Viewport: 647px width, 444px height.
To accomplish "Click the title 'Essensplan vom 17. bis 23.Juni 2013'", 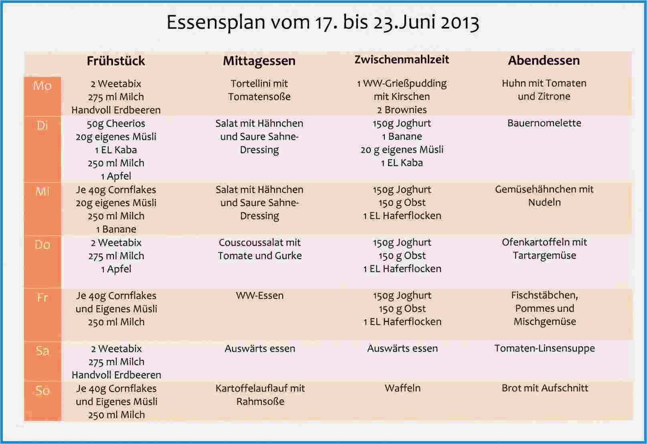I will pyautogui.click(x=323, y=22).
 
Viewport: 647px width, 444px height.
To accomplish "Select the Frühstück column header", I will pyautogui.click(x=116, y=61).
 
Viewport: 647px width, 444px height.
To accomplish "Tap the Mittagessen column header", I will pyautogui.click(x=259, y=61).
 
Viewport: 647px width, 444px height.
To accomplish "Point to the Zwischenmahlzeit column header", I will pyautogui.click(x=402, y=60).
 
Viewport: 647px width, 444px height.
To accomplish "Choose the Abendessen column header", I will pyautogui.click(x=544, y=61).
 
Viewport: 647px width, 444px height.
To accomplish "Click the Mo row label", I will pyautogui.click(x=42, y=85).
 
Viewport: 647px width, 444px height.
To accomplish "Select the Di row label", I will pyautogui.click(x=42, y=125).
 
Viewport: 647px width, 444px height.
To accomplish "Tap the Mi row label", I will pyautogui.click(x=42, y=191).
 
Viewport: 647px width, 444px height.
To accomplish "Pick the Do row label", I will pyautogui.click(x=42, y=244).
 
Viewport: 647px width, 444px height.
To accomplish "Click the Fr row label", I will pyautogui.click(x=42, y=297).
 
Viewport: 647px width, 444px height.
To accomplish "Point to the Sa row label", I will pyautogui.click(x=42, y=351).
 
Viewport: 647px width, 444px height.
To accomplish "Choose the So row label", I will pyautogui.click(x=42, y=390).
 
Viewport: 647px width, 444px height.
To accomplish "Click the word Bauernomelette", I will pyautogui.click(x=544, y=123).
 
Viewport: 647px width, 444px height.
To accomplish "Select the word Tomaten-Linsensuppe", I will pyautogui.click(x=544, y=348).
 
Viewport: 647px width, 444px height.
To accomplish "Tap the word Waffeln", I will pyautogui.click(x=402, y=388).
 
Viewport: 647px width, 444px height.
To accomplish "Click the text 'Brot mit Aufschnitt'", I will pyautogui.click(x=544, y=388).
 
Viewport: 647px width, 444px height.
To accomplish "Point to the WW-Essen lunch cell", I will pyautogui.click(x=259, y=296).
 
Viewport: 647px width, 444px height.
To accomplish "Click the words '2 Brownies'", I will pyautogui.click(x=402, y=110).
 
